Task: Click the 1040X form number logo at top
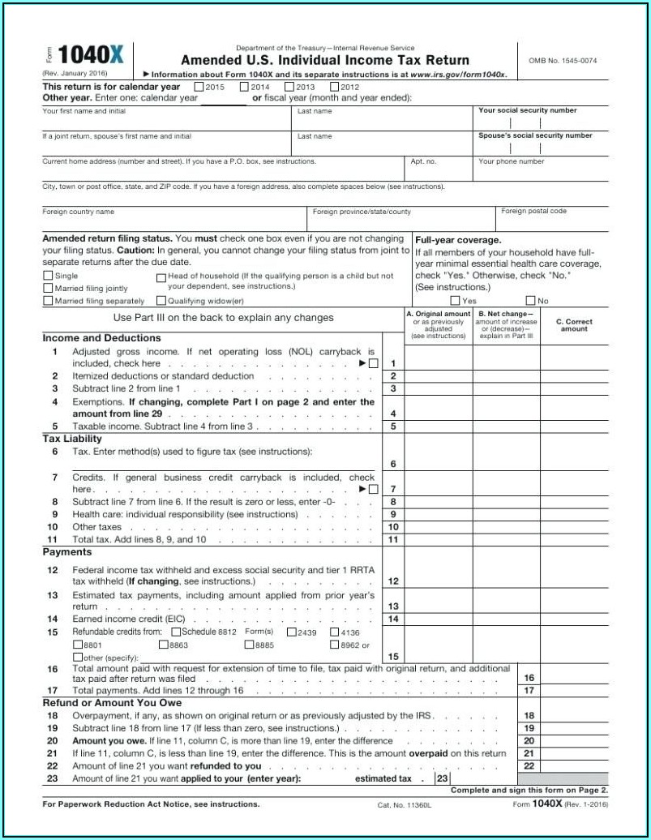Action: (91, 55)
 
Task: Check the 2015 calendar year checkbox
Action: (199, 87)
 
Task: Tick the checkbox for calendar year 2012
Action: (334, 87)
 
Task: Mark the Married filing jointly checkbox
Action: (48, 289)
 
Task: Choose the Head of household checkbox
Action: (161, 276)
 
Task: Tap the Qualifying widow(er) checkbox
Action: (161, 302)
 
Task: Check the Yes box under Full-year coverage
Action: (455, 301)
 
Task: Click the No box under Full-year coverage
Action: (531, 301)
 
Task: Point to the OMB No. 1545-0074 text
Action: (563, 61)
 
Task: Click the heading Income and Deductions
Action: (101, 338)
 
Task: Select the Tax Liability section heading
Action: (72, 439)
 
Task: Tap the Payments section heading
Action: (66, 551)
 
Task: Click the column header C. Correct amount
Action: (574, 325)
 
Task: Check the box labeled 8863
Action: (163, 645)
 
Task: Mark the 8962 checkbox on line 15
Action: (334, 645)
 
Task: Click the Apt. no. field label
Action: (423, 161)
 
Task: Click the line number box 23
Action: (443, 778)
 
